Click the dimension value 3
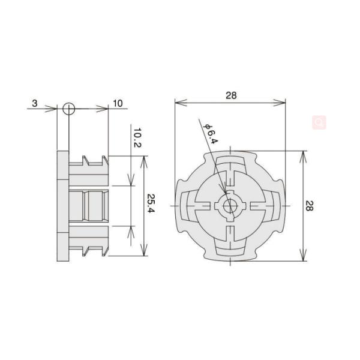(35, 103)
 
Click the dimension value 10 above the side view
(117, 103)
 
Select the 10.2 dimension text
(137, 138)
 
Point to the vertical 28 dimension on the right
(309, 206)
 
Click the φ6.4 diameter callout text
(210, 133)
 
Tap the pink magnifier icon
(319, 122)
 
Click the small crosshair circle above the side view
(68, 109)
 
